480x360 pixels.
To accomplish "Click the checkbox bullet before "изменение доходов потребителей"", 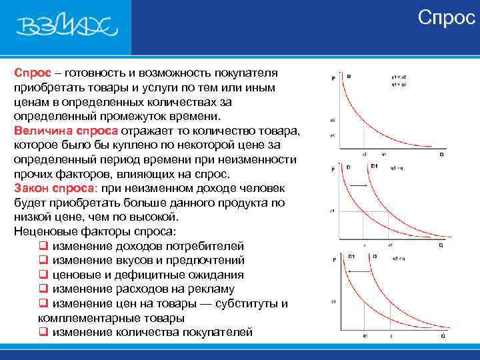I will tap(43, 246).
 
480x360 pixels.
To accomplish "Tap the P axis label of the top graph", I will tap(333, 79).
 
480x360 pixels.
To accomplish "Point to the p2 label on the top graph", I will tap(332, 121).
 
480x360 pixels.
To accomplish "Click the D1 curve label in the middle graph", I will tap(374, 165).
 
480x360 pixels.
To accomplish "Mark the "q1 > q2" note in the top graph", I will tap(399, 85).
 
